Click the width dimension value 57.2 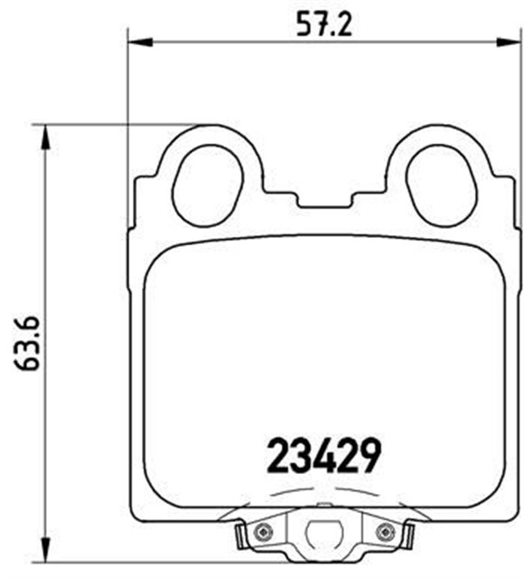pyautogui.click(x=323, y=22)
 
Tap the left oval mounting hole pyautogui.click(x=207, y=186)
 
